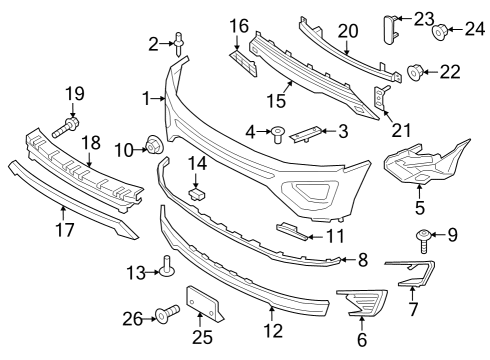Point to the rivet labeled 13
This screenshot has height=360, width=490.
[165, 267]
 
